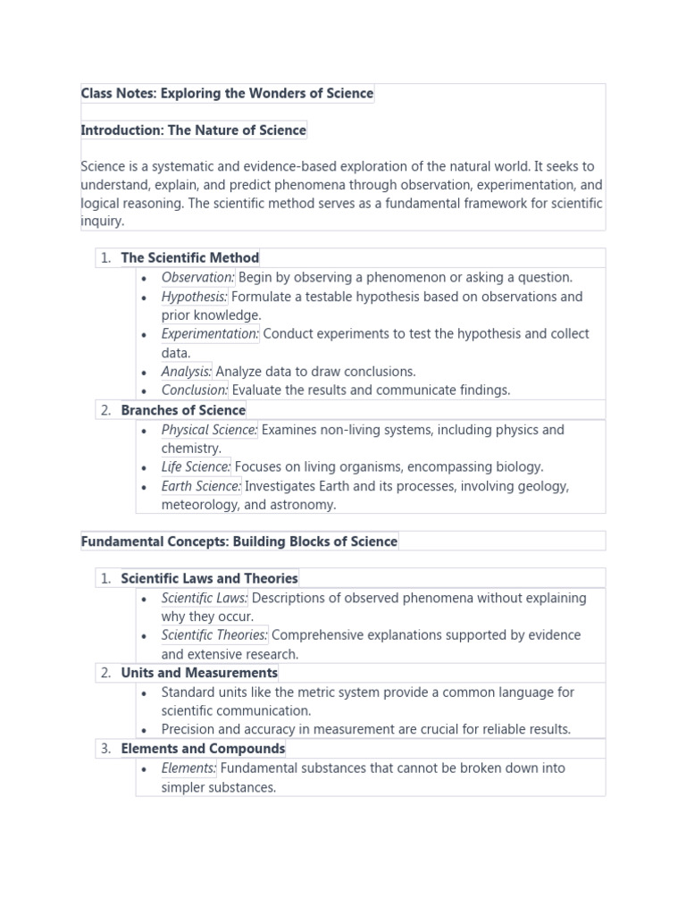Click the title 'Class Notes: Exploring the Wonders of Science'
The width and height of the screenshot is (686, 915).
pos(227,93)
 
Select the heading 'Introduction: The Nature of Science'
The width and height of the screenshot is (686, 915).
pos(193,130)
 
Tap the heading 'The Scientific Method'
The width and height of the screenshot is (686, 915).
pos(190,258)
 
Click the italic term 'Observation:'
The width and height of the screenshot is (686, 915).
pos(198,278)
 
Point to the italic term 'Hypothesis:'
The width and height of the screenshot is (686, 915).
pos(195,297)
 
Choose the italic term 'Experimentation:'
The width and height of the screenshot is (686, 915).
pos(210,334)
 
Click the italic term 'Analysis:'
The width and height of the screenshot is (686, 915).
pos(187,372)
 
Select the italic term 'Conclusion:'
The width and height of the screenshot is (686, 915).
pos(195,390)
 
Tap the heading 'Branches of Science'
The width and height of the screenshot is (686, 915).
pos(183,410)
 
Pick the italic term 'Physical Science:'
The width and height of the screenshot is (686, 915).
pos(209,430)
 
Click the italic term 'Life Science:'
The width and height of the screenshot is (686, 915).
pos(196,467)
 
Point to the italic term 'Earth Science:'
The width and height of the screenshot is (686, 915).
pos(201,487)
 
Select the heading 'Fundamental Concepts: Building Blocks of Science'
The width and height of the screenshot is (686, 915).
pos(239,541)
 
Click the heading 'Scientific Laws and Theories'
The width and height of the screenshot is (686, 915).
pos(210,579)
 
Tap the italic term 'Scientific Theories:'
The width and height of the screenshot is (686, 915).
pos(214,635)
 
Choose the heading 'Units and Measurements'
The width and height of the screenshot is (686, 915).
pos(199,673)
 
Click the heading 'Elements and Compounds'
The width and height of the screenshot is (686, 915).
pos(203,749)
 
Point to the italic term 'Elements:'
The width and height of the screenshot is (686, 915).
pos(188,768)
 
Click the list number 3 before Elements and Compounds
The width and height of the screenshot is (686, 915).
pos(105,749)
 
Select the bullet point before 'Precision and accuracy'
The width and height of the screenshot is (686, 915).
pos(144,730)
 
